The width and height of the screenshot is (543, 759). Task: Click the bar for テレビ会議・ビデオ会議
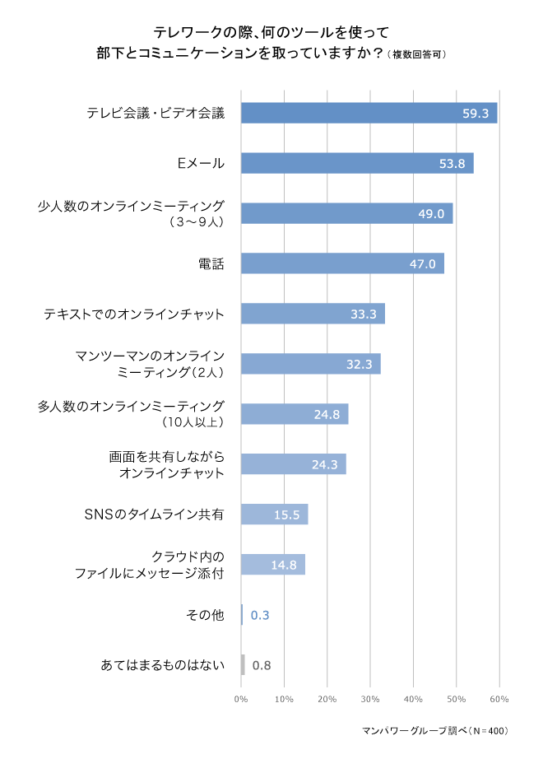tap(369, 113)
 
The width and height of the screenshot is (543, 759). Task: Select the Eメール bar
tap(357, 163)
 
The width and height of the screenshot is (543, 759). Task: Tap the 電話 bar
tap(342, 263)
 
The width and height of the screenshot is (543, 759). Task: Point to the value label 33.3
tap(363, 314)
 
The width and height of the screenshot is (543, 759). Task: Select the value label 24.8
tap(327, 414)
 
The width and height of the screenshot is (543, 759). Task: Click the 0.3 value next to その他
tap(260, 615)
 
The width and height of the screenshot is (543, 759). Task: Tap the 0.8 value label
tap(262, 665)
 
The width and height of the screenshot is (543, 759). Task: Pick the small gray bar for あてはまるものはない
tap(243, 665)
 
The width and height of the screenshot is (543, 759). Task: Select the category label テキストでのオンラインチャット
tap(134, 314)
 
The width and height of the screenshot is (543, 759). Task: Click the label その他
tap(205, 615)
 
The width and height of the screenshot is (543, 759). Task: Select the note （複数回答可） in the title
tap(417, 55)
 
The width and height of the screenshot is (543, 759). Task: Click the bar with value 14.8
tap(273, 565)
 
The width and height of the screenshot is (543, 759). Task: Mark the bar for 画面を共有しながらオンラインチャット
tap(293, 464)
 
